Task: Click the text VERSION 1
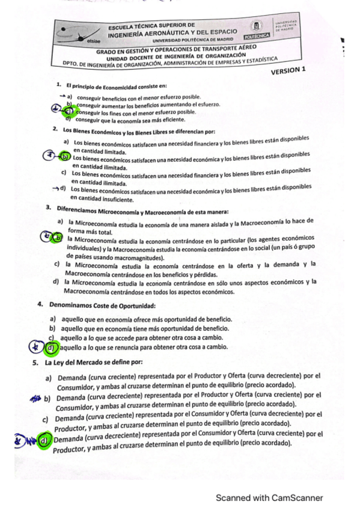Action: tap(288, 70)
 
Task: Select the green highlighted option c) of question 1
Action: tap(70, 111)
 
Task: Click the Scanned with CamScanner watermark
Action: tap(269, 497)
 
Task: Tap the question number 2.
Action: tap(55, 129)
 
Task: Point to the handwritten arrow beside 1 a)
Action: tap(61, 96)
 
